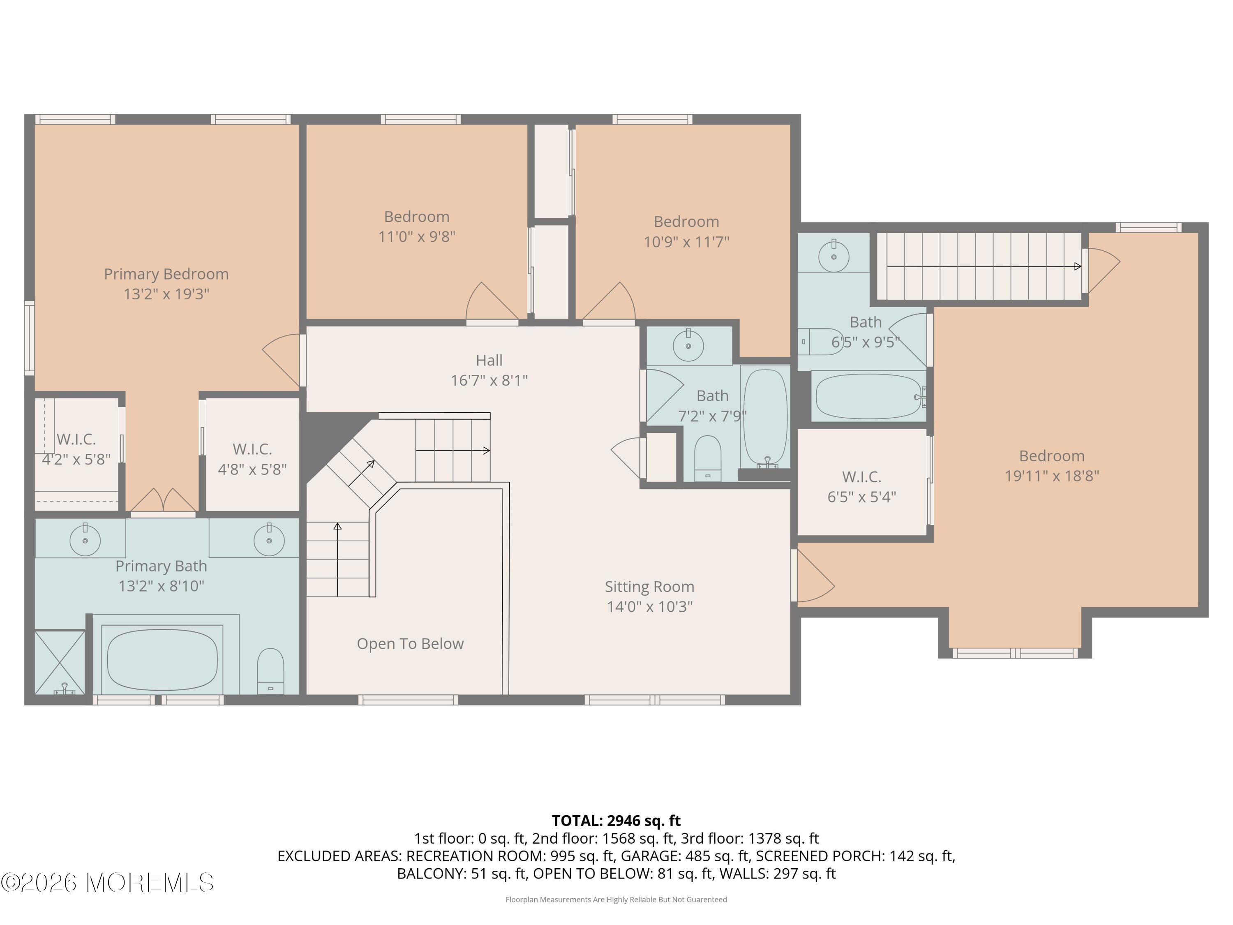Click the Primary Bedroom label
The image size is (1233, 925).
pos(166,274)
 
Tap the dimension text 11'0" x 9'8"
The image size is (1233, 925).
pos(417,236)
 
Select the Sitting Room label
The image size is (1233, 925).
pos(649,587)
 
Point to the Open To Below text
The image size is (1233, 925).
pos(410,643)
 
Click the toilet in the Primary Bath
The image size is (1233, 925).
pos(270,671)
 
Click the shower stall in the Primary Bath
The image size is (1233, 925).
pos(60,662)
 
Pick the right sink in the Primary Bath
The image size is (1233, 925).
pos(269,539)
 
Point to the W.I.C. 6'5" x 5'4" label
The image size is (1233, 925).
pos(862,487)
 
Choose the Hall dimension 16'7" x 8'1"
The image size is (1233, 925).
pos(490,380)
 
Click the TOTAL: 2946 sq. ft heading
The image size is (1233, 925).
pos(616,821)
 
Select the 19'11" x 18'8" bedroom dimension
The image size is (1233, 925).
pos(1052,476)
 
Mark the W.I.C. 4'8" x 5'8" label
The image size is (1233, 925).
pos(252,459)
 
